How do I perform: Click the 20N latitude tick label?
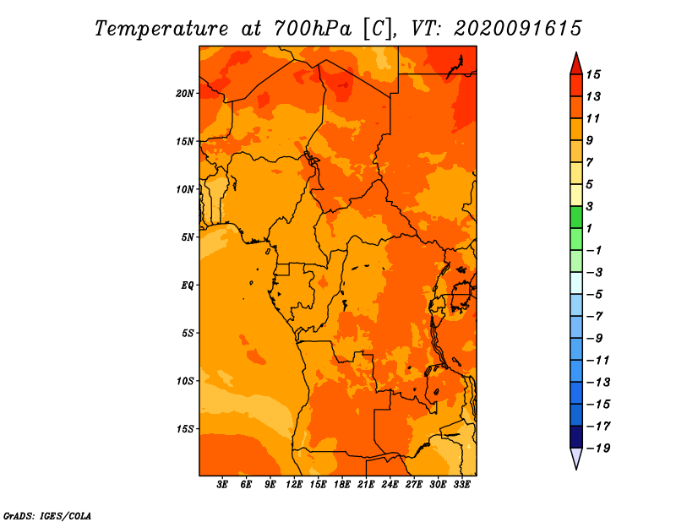pyautogui.click(x=185, y=94)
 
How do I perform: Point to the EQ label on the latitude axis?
pyautogui.click(x=187, y=285)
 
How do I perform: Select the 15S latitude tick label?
pyautogui.click(x=185, y=429)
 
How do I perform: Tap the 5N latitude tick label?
pyautogui.click(x=188, y=237)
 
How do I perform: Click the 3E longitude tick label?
pyautogui.click(x=222, y=485)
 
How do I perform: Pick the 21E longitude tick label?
pyautogui.click(x=366, y=485)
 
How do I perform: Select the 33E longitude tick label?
pyautogui.click(x=461, y=485)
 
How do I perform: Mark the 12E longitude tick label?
pyautogui.click(x=293, y=485)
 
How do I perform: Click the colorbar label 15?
pyautogui.click(x=593, y=75)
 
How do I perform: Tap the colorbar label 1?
pyautogui.click(x=589, y=228)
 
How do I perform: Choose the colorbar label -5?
pyautogui.click(x=595, y=295)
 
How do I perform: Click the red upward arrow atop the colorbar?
pyautogui.click(x=576, y=65)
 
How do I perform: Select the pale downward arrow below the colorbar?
pyautogui.click(x=576, y=458)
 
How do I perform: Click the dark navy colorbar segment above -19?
pyautogui.click(x=576, y=437)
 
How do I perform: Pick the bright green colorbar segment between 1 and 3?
pyautogui.click(x=576, y=217)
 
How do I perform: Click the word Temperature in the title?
pyautogui.click(x=161, y=29)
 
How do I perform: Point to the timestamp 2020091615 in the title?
pyautogui.click(x=517, y=29)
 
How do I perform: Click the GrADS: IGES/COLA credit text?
pyautogui.click(x=47, y=516)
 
